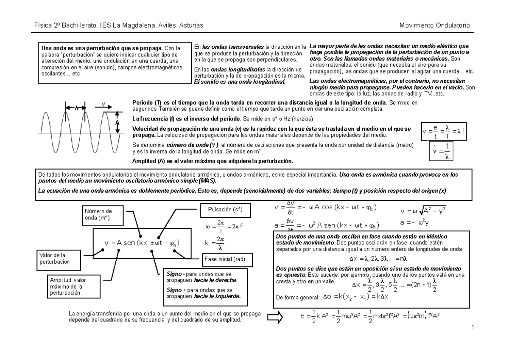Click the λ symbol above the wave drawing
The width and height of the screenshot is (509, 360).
click(x=76, y=108)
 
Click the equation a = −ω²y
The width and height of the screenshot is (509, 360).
click(x=415, y=222)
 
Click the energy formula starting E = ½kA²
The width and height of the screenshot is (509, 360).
click(x=369, y=317)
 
